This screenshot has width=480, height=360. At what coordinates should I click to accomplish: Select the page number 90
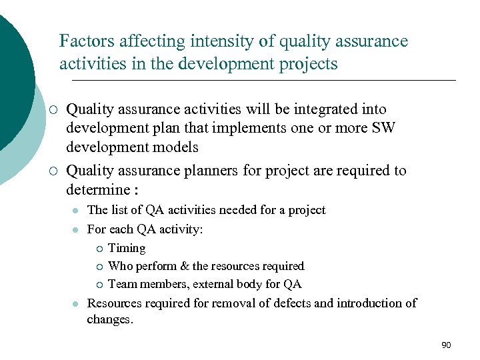(446, 345)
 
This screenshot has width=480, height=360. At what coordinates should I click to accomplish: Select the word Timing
(127, 248)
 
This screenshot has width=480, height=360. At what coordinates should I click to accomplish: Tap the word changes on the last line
(110, 319)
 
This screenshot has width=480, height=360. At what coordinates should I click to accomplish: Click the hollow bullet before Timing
(98, 249)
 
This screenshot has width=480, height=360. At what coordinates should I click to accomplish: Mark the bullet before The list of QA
(76, 211)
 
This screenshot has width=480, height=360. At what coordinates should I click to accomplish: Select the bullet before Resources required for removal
(76, 303)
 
